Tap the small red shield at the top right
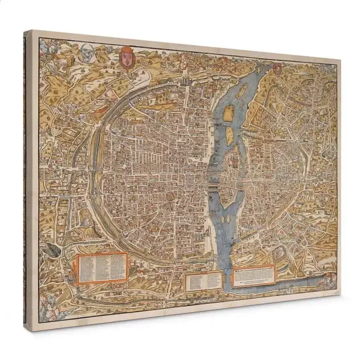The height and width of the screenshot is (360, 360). coord(278,68)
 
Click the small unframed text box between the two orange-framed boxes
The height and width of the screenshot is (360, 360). coord(204,281)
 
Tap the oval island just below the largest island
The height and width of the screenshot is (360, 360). coord(230,135)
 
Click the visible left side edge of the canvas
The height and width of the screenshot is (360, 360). coord(27,180)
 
